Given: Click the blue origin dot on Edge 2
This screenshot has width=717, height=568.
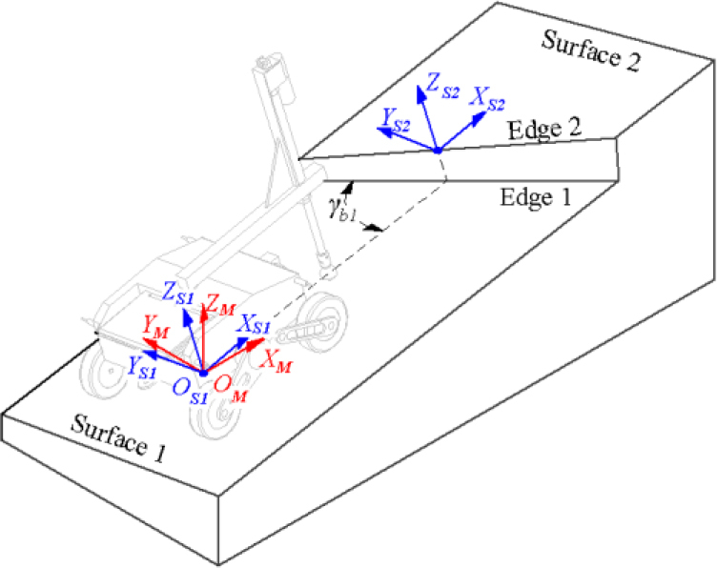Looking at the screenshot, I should (437, 150).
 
